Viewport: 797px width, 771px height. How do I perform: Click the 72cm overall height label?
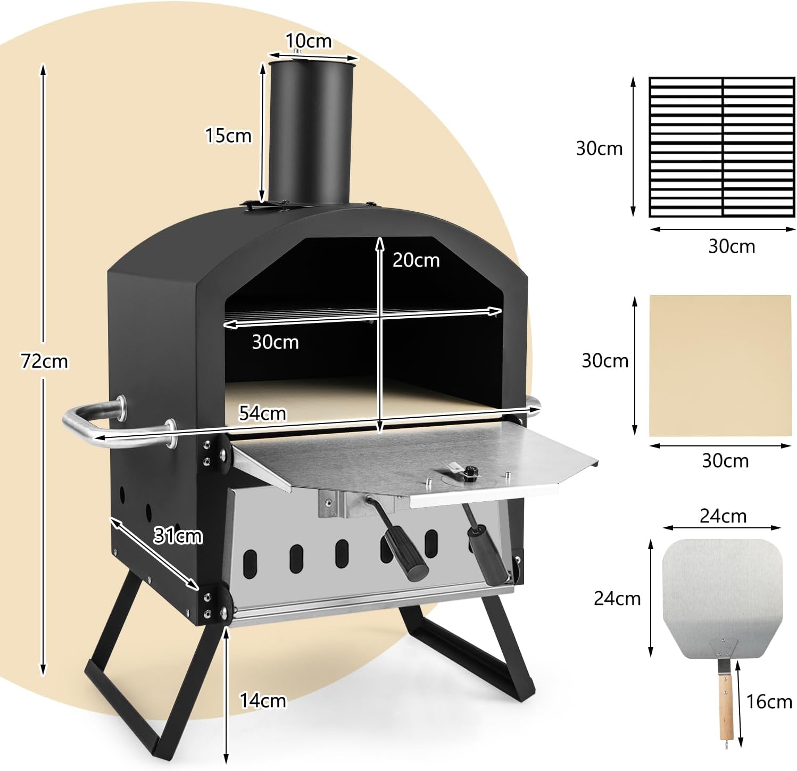(x=45, y=361)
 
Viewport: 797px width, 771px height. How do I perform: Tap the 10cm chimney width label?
(x=309, y=40)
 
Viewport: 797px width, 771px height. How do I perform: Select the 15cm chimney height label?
(x=228, y=135)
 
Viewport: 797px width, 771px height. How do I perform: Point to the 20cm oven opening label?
(x=416, y=260)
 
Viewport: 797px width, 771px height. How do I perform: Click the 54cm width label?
(x=262, y=413)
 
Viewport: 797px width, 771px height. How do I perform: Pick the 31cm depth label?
(x=178, y=535)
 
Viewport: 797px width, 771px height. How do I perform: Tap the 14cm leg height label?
(x=263, y=700)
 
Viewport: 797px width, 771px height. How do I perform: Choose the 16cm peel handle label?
(x=769, y=701)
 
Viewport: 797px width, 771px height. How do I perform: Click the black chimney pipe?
(x=311, y=133)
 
